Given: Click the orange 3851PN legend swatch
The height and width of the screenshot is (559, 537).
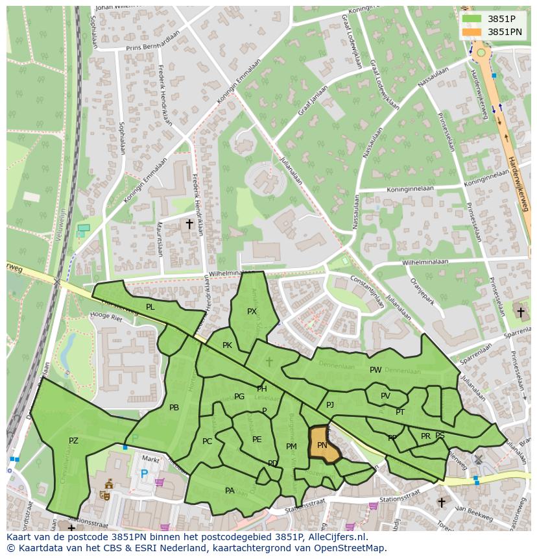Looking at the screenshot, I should pos(472,32).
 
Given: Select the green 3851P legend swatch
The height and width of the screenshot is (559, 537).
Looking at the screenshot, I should pos(472,19).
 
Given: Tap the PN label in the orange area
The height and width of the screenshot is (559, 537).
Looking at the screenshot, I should pos(322,445).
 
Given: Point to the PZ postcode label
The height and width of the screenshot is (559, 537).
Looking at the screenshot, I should pos(73,441).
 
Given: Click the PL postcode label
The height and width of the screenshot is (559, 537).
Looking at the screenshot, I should pos(150,307).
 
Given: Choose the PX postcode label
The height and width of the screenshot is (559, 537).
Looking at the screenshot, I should pos(252,312).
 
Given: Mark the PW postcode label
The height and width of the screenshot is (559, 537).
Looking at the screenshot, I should pos(376,370).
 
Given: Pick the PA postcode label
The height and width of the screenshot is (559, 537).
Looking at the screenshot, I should pos(230,491).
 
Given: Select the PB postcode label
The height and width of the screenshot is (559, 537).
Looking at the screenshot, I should pos(174,408).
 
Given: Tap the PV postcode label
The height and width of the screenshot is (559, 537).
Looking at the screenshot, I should pos(385,396).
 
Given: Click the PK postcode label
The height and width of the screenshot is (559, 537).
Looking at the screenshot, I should pos(227,345).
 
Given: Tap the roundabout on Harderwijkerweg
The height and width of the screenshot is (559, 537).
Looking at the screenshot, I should pos(481,53).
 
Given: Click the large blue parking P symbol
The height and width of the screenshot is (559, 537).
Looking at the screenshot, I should pos(144,475).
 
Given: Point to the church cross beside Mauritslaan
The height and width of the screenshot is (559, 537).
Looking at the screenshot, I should pos(189,224).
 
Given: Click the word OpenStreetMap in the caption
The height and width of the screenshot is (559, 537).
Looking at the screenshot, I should pos(352,548).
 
